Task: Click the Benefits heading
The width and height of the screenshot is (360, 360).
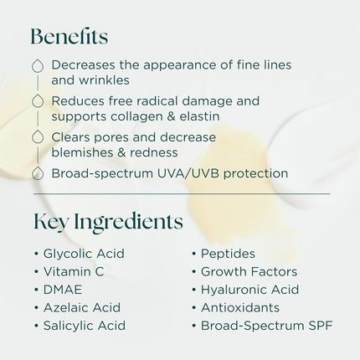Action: [x=69, y=37]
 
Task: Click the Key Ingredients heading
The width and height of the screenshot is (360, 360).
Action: [x=108, y=222]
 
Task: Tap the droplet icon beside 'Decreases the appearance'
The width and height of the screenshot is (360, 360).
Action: [x=37, y=65]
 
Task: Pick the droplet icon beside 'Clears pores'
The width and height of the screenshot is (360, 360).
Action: [x=37, y=137]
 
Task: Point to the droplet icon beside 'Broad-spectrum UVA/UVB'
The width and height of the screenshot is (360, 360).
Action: [x=37, y=173]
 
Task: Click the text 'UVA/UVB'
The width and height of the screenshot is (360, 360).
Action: [x=170, y=173]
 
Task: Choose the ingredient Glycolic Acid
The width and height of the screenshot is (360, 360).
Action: [x=84, y=254]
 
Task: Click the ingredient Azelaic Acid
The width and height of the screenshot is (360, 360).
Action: [x=81, y=307]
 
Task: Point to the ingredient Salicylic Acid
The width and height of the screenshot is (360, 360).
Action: [x=85, y=326]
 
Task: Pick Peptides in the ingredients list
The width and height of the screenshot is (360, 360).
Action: [x=228, y=254]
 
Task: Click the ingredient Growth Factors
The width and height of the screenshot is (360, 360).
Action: [x=249, y=271]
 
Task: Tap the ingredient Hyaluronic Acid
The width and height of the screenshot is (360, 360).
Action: [x=249, y=290]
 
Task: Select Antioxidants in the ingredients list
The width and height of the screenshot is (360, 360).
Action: [x=240, y=307]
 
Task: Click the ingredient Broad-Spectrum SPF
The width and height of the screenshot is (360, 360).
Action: [x=266, y=326]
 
